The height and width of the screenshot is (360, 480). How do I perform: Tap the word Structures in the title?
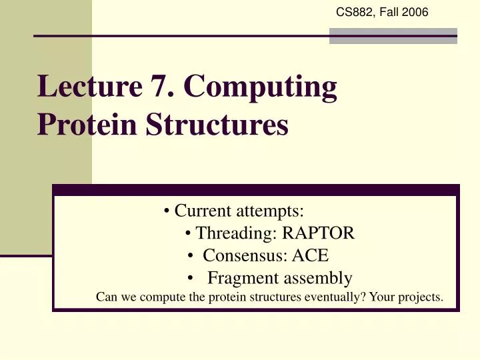coord(215,125)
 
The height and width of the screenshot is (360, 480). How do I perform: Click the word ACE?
coord(312,256)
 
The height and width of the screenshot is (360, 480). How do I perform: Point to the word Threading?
coord(236,234)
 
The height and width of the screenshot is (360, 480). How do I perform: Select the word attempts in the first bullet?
coord(275,212)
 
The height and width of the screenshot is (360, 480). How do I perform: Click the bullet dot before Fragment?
coord(191,279)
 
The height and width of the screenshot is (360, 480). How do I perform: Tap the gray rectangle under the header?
coord(393,35)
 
